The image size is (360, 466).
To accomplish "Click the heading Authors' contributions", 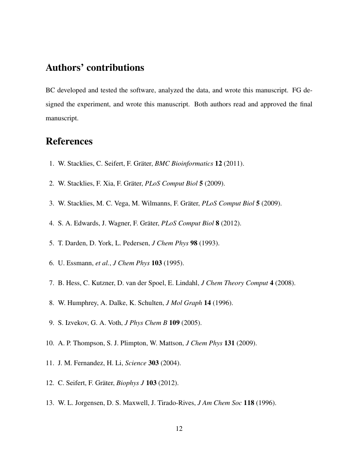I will (95, 68).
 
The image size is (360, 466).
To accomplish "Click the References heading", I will (69, 141).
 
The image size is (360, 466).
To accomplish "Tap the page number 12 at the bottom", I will (179, 429).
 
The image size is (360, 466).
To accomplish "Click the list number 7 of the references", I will (51, 283).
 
